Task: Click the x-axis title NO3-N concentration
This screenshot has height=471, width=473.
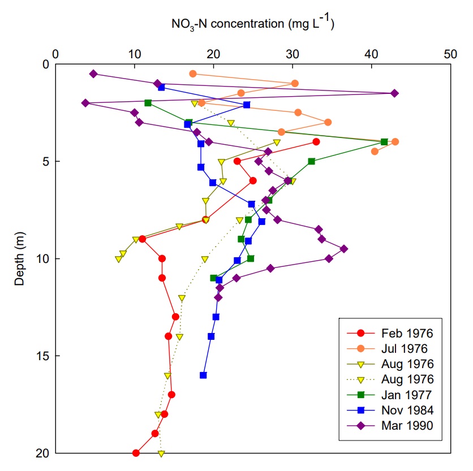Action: pos(252,24)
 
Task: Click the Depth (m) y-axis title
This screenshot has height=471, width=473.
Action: pos(19,258)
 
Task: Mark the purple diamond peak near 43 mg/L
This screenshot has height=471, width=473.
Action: pos(394,93)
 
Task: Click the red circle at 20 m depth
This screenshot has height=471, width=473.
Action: pos(136,453)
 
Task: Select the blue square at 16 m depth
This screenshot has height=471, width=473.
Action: pos(203,375)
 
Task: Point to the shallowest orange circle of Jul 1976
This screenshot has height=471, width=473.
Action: pos(193,74)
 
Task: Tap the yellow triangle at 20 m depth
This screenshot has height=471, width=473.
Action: pos(161,453)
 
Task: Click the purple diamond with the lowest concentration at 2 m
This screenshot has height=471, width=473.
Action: pos(85,103)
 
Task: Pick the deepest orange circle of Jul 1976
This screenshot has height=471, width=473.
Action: pos(375,152)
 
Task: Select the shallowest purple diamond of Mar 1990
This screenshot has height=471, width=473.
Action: pos(94,74)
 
